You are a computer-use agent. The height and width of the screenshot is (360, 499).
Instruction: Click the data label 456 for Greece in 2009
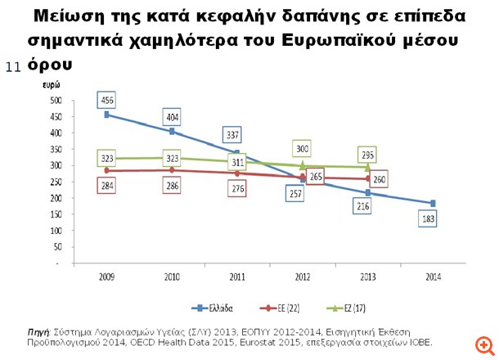[x=106, y=100]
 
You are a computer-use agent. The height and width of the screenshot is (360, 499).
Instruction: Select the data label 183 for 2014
[x=429, y=219]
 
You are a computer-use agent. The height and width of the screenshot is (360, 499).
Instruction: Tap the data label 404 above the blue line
[x=172, y=116]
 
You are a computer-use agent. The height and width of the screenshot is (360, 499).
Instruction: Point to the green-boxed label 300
[x=303, y=149]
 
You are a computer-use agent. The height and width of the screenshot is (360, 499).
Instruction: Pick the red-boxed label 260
[x=379, y=179]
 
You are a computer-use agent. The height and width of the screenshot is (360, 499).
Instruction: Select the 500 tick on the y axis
[x=56, y=100]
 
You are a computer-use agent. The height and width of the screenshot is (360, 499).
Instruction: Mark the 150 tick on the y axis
[x=56, y=215]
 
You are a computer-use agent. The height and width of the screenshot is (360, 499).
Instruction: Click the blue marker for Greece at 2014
[x=433, y=203]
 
